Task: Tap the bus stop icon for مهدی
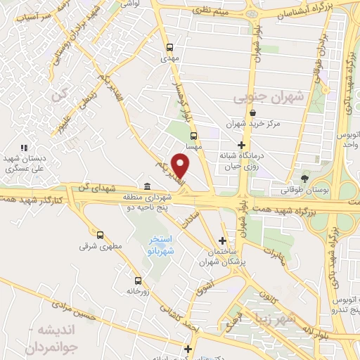coord(169,47)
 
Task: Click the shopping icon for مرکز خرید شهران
coord(252,112)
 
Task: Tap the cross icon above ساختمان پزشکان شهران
coord(222,240)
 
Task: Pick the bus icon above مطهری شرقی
coord(100,236)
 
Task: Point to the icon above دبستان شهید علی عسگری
coord(25,148)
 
